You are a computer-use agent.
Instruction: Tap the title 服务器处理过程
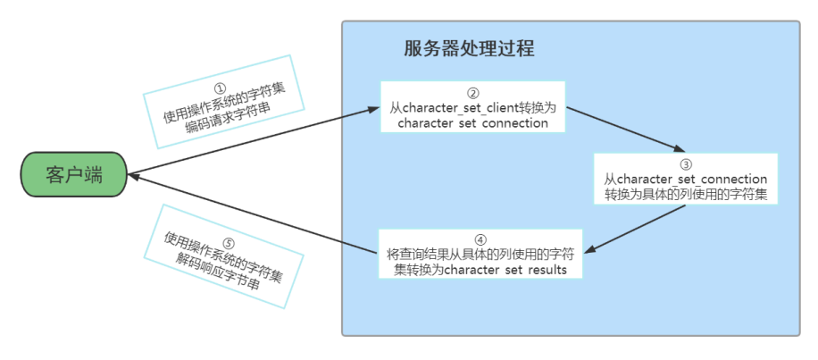coord(469,47)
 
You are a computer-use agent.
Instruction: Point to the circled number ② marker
coord(473,93)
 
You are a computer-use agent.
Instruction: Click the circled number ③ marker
coord(686,164)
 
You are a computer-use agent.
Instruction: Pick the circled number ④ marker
coord(480,239)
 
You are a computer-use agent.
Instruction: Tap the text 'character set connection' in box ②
coord(473,123)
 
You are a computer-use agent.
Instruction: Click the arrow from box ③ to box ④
coord(639,228)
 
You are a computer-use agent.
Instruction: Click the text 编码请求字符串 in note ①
coord(228,119)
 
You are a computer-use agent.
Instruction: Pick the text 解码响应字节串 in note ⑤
coord(223,270)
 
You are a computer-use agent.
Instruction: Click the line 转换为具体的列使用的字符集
coord(686,194)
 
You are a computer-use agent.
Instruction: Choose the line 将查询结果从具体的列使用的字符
coord(480,255)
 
